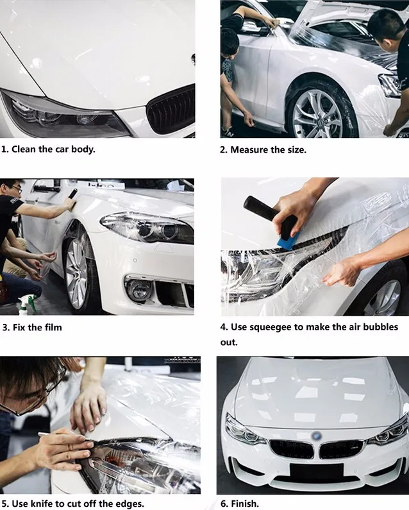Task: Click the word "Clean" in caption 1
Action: (24, 149)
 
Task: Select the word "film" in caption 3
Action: (53, 327)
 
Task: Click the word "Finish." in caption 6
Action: (245, 504)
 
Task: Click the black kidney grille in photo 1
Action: (171, 110)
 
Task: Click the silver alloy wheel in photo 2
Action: (317, 114)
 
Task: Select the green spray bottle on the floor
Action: (27, 305)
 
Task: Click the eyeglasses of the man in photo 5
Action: (31, 396)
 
